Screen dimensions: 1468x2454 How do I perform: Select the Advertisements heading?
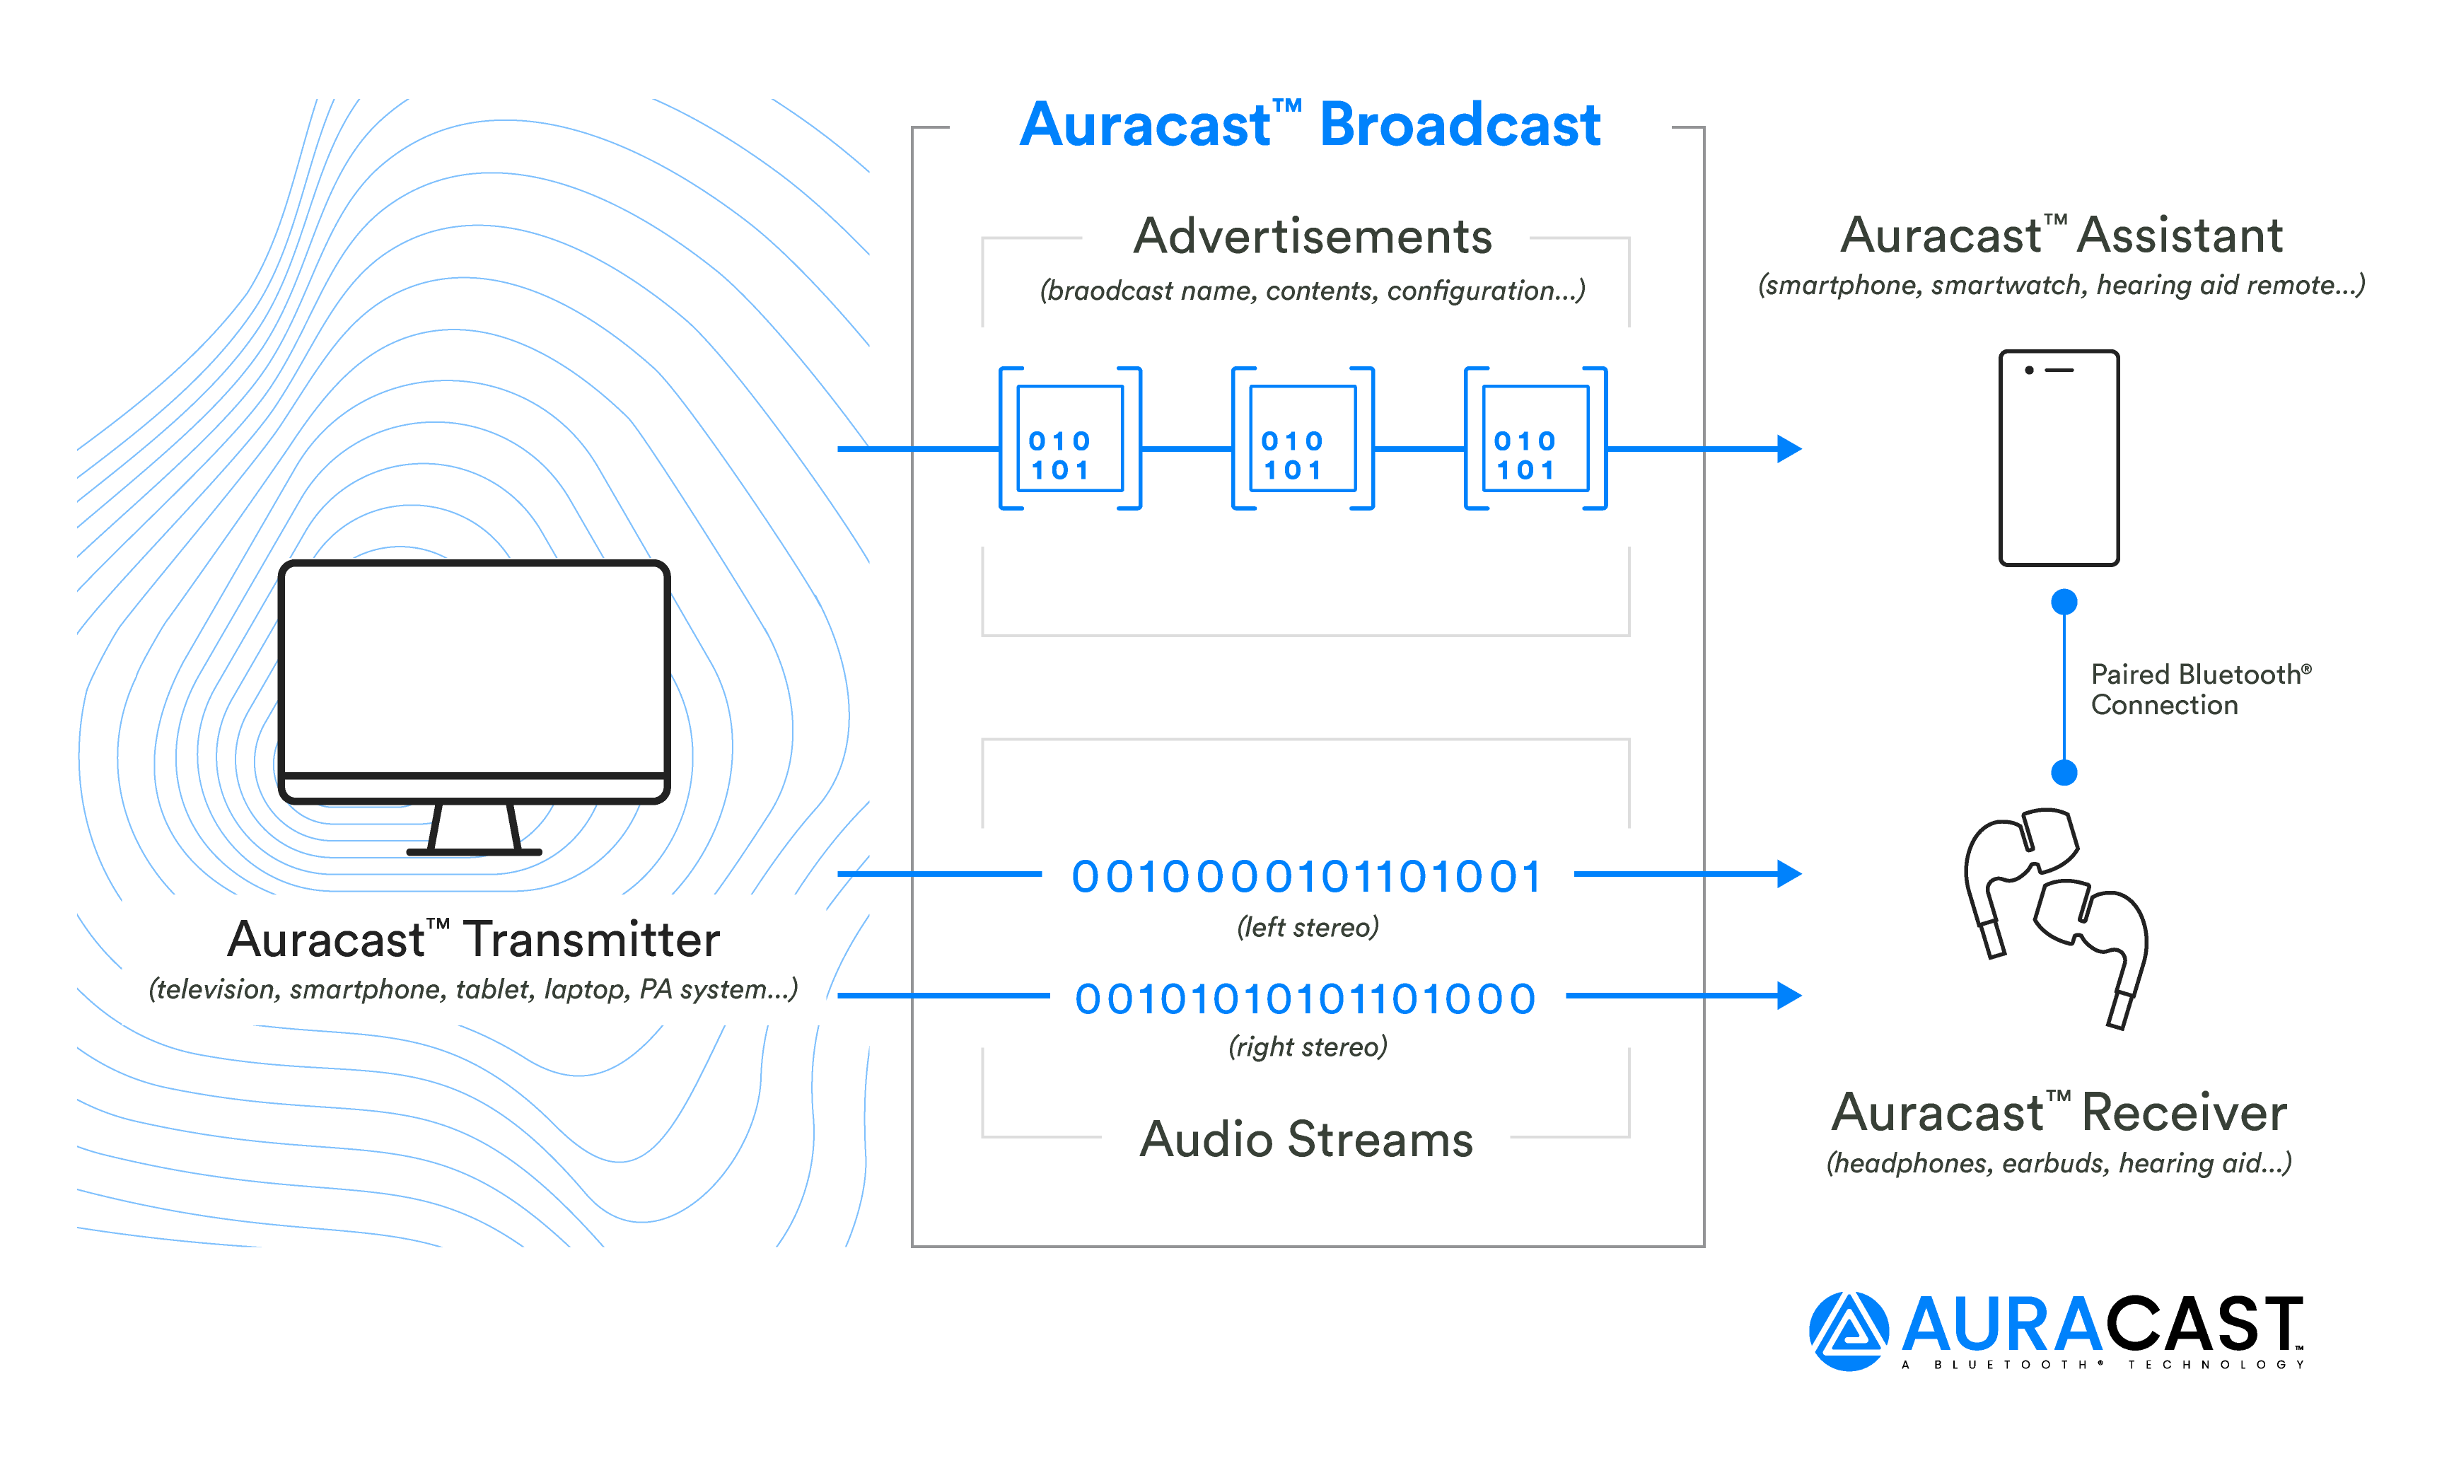1312,236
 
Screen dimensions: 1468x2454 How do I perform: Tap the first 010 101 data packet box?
1069,438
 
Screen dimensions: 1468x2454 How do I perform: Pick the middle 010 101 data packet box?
1302,438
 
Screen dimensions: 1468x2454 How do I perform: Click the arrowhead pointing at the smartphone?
1789,448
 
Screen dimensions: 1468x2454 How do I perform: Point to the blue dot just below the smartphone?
2064,602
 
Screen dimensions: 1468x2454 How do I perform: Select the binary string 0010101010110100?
1305,998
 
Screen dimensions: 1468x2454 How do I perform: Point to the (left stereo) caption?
1307,927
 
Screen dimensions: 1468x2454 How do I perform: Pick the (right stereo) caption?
1307,1047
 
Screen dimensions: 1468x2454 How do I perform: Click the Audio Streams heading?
1305,1138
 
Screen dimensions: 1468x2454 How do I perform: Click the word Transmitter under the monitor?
591,939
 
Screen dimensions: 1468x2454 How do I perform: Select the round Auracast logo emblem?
1848,1331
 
